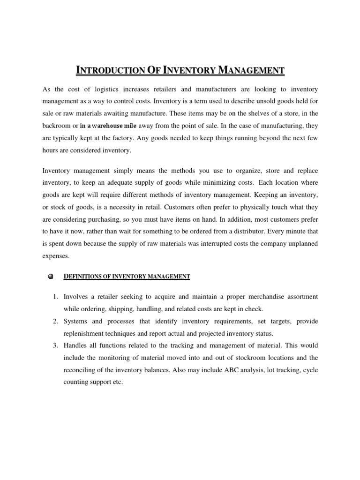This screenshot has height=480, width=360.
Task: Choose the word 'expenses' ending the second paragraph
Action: pyautogui.click(x=56, y=255)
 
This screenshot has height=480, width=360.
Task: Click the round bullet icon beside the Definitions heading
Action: pyautogui.click(x=51, y=277)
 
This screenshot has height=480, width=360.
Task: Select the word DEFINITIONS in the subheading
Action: pyautogui.click(x=81, y=277)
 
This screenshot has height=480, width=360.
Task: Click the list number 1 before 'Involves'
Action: pyautogui.click(x=55, y=297)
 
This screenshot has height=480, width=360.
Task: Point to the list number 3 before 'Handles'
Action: pyautogui.click(x=55, y=345)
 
